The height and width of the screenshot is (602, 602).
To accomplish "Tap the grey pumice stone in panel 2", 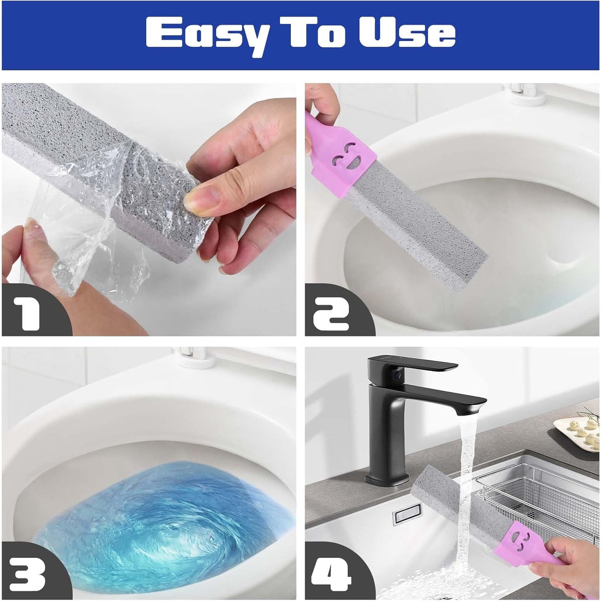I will (x=417, y=233).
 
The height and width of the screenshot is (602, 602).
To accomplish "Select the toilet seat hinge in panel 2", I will (x=523, y=92).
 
